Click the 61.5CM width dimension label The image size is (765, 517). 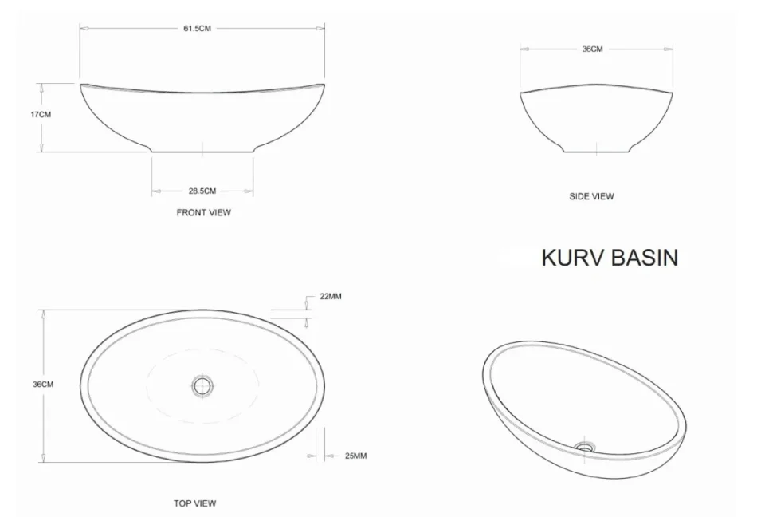point(197,29)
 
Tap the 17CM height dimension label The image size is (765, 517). point(41,114)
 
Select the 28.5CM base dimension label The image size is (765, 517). point(202,191)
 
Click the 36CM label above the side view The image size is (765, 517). point(592,49)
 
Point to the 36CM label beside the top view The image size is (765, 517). point(43,385)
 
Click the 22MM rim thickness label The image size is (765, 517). point(331,296)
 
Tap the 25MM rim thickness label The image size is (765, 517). point(355,456)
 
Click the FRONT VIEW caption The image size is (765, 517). point(203,213)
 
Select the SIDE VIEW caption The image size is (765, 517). point(591,196)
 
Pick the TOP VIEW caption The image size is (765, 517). point(195,503)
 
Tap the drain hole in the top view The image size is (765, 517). point(202,386)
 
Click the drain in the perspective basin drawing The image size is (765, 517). point(586,446)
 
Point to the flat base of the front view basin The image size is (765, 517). point(202,151)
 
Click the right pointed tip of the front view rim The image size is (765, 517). point(324,83)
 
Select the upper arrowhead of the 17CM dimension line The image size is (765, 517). point(41,85)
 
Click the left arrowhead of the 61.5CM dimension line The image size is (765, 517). point(82,29)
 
